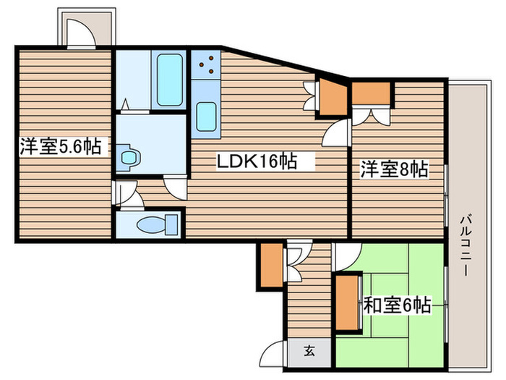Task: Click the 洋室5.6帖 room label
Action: coord(60,148)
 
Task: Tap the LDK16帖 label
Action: coord(257,162)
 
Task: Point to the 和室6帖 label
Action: coord(397,305)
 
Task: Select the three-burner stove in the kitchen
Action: coord(205,64)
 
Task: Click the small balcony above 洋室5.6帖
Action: coord(85,28)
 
